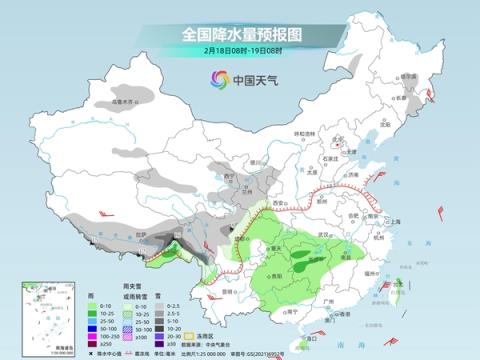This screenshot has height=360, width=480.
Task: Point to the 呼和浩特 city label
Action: (300, 134)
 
